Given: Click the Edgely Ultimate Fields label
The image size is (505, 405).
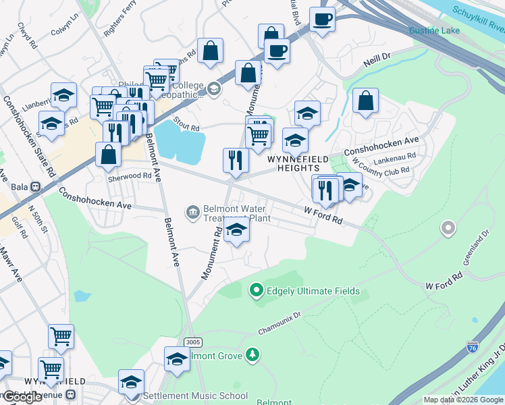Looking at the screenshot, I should pos(313,292).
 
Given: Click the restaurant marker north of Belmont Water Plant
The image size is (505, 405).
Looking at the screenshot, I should pos(236,160).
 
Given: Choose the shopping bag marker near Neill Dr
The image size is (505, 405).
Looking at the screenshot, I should pos(365,101).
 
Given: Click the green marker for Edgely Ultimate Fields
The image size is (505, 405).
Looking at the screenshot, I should pos(256,292).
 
